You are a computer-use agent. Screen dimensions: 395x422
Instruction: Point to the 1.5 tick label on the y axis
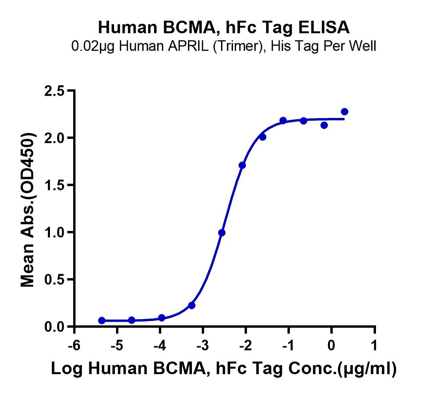click(54, 185)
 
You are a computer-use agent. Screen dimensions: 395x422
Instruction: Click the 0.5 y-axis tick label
click(54, 280)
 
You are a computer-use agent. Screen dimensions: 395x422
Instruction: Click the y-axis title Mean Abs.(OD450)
click(28, 209)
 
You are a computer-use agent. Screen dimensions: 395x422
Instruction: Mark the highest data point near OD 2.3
click(345, 112)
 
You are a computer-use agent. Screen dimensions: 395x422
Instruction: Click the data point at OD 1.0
click(222, 233)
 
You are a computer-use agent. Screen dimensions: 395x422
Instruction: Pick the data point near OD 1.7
click(242, 165)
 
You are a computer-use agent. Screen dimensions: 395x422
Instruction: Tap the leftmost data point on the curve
click(102, 321)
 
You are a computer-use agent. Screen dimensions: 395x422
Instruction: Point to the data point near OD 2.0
click(263, 137)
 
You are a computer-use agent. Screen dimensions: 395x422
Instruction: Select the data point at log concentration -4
click(162, 318)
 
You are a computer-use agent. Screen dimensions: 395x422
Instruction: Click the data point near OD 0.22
click(192, 305)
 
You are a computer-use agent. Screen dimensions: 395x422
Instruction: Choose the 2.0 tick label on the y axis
click(54, 138)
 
